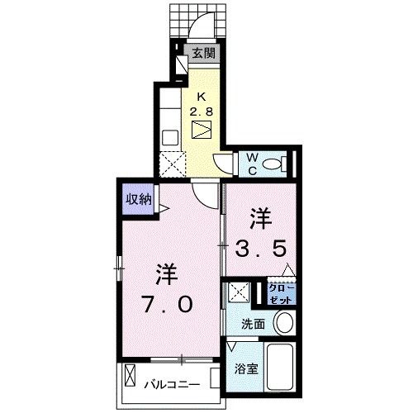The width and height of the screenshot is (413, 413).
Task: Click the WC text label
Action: click(250, 162)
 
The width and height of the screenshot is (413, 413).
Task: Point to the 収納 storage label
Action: click(138, 198)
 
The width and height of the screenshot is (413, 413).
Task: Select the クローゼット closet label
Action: click(278, 292)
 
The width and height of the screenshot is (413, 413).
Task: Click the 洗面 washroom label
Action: click(254, 325)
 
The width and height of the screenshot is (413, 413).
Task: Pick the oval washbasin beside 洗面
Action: click(283, 323)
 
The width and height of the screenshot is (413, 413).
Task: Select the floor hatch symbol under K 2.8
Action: click(202, 130)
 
